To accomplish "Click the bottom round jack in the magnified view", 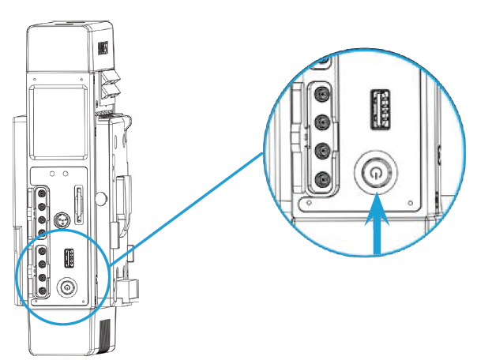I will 321,181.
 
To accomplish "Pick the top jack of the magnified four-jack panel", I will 321,93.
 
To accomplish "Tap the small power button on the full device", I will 69,287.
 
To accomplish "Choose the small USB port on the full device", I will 69,258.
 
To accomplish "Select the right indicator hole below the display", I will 66,171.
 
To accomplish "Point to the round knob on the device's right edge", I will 100,199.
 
